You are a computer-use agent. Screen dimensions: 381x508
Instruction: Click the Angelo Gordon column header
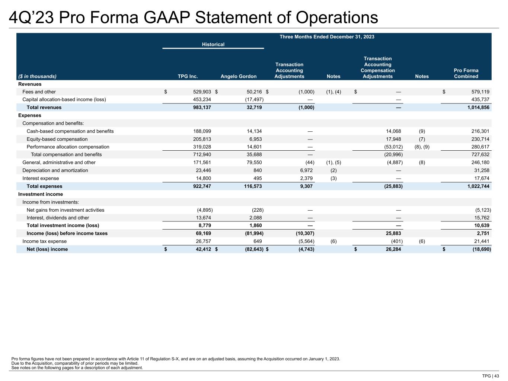pyautogui.click(x=239, y=76)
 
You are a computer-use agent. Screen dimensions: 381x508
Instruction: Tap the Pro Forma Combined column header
pyautogui.click(x=466, y=73)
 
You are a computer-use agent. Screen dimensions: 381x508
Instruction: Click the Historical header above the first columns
pyautogui.click(x=213, y=44)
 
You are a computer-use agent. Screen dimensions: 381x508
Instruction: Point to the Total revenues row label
pyautogui.click(x=44, y=108)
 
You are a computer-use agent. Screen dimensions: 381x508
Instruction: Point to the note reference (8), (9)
pyautogui.click(x=422, y=147)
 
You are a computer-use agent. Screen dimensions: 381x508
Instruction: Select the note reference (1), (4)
pyautogui.click(x=333, y=92)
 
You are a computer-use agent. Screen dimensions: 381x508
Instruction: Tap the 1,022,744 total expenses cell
pyautogui.click(x=478, y=186)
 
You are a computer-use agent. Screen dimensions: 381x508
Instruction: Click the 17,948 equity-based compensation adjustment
pyautogui.click(x=392, y=139)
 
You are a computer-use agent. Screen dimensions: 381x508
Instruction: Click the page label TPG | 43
pyautogui.click(x=491, y=376)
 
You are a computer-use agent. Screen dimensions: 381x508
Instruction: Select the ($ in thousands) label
pyautogui.click(x=37, y=76)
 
